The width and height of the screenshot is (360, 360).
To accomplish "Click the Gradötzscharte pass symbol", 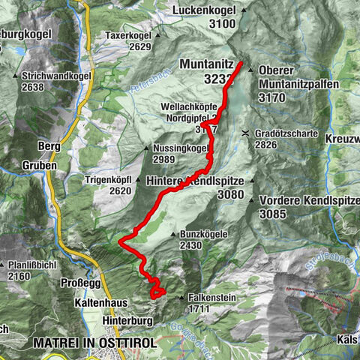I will (x=245, y=133).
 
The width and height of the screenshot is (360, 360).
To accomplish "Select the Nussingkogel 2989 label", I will (x=179, y=153).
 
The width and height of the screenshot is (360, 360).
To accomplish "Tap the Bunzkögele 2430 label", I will (x=203, y=239).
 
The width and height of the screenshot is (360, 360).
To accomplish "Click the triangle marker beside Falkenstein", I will (x=181, y=298).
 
